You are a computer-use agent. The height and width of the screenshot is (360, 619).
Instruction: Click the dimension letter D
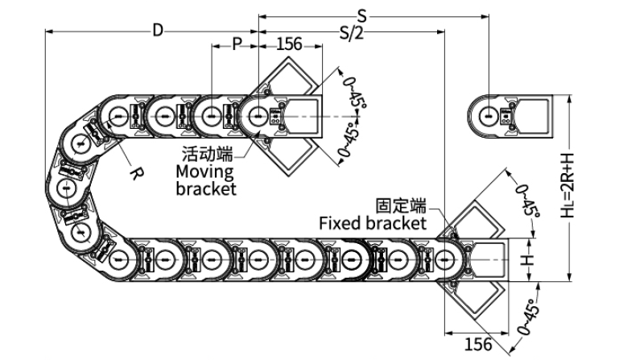158,31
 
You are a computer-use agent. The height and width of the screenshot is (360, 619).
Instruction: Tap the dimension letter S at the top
362,14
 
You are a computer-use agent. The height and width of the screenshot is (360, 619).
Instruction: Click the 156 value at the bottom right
479,344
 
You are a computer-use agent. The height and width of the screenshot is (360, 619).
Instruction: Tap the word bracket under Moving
206,188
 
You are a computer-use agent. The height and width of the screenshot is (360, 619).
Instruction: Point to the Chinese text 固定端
400,206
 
